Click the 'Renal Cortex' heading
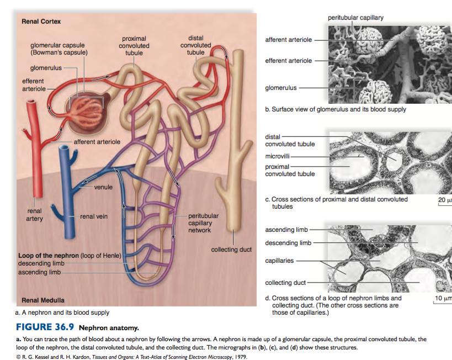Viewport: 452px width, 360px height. [x=41, y=22]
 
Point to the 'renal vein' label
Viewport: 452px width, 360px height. [x=94, y=216]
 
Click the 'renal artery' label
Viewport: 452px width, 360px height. [x=34, y=215]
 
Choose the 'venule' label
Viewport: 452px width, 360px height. [x=103, y=187]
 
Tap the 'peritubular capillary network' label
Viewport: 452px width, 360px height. [x=203, y=223]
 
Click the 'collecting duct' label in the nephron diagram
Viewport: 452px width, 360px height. [x=231, y=250]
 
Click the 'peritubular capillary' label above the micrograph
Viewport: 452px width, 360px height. [x=355, y=18]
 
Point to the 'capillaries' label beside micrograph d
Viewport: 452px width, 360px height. [x=279, y=260]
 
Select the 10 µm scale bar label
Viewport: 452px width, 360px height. [x=443, y=299]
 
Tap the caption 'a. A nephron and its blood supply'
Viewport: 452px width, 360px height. [x=62, y=312]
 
